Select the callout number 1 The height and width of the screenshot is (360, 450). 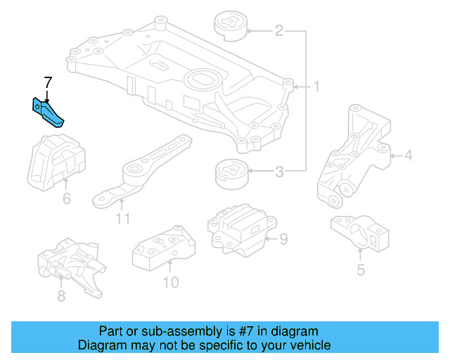point(316,87)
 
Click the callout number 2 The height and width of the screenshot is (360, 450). point(278,31)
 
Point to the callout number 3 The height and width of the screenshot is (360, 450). point(279,171)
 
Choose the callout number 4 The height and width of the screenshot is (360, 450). point(407,155)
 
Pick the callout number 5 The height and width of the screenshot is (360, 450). point(360,269)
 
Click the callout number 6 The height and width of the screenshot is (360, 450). point(67,199)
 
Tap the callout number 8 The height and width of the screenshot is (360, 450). point(61,296)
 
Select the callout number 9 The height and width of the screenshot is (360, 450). point(283,240)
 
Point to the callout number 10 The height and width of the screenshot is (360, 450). point(171,283)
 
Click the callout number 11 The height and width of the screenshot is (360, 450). point(123,219)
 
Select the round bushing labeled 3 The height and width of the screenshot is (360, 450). point(230,173)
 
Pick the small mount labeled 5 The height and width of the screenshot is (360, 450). point(359,232)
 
